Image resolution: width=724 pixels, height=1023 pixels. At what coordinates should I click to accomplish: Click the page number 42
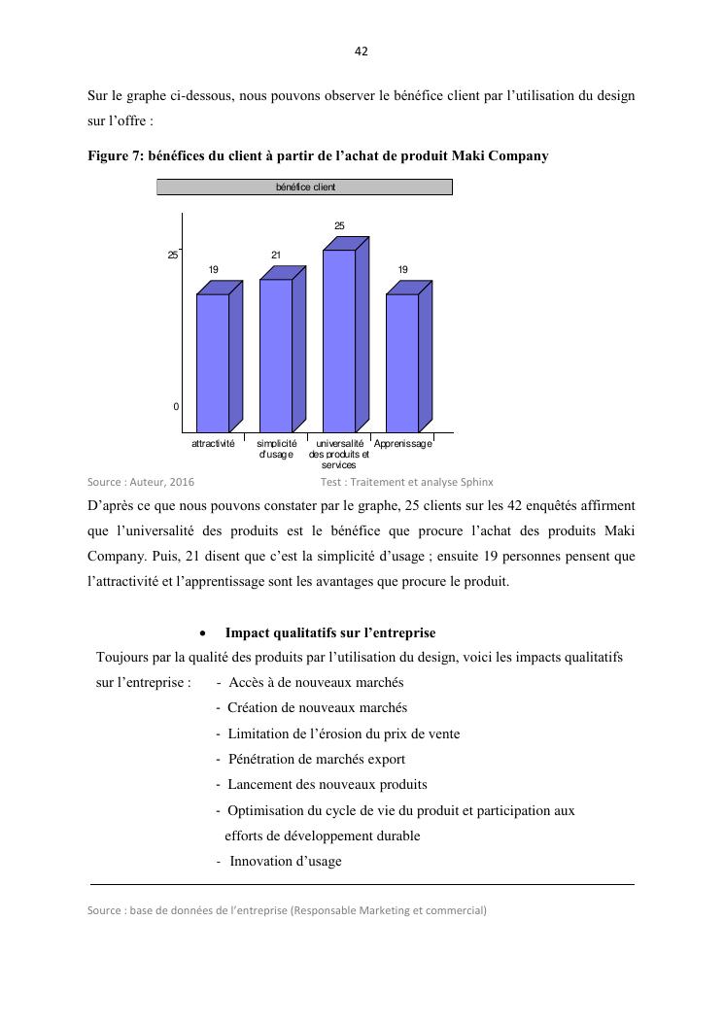(362, 51)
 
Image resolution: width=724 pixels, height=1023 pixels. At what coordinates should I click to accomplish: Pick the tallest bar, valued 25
(339, 340)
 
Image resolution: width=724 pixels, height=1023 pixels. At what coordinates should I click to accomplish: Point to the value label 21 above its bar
(276, 256)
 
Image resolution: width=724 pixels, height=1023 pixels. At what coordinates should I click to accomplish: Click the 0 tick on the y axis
(176, 407)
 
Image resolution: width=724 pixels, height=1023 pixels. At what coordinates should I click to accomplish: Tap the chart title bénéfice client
(305, 187)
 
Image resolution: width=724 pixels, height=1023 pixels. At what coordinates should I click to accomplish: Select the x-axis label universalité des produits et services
(339, 454)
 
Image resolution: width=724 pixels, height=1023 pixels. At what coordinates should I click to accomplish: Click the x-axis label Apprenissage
(403, 443)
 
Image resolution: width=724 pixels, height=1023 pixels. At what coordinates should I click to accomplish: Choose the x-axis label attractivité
(213, 443)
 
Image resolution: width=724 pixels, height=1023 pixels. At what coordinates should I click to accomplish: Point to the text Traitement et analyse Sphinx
(425, 481)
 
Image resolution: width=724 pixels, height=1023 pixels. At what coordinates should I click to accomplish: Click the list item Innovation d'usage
(285, 861)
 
